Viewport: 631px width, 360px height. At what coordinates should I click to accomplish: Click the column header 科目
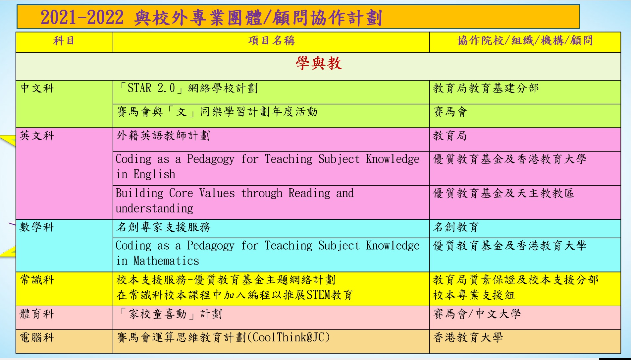[x=64, y=41]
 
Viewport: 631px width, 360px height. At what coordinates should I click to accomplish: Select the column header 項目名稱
[x=271, y=41]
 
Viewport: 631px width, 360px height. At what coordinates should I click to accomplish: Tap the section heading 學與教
[x=318, y=63]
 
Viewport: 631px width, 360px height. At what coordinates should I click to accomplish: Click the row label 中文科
[x=37, y=88]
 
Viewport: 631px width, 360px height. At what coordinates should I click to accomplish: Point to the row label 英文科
[x=37, y=136]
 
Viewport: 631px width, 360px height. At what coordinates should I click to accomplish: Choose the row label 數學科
[x=37, y=227]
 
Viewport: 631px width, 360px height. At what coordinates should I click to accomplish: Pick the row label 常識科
[x=37, y=280]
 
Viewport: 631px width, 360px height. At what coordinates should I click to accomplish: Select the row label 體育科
[x=37, y=314]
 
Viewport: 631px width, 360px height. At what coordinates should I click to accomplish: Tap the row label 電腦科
[x=37, y=337]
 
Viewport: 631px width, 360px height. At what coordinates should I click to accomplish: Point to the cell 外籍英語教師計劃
[x=163, y=136]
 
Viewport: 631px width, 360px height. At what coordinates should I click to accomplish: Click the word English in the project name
[x=154, y=174]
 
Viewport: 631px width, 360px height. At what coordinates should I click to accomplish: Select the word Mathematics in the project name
[x=166, y=261]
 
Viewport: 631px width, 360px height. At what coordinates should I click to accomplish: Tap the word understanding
[x=154, y=209]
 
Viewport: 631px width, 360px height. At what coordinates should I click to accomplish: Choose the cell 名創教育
[x=456, y=227]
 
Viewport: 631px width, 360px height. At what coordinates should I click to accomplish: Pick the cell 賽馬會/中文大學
[x=477, y=314]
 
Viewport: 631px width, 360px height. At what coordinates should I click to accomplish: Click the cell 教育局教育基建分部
[x=486, y=88]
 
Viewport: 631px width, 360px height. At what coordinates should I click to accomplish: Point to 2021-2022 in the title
[x=82, y=18]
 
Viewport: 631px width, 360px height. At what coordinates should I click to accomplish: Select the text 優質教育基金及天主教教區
[x=503, y=193]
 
